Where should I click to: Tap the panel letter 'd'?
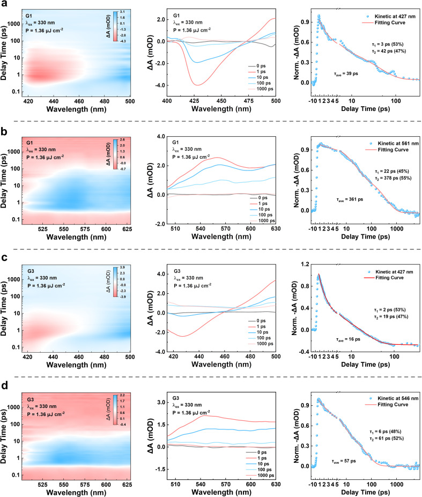click(4, 385)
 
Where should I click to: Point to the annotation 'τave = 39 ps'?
click(346, 73)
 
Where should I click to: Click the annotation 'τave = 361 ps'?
click(350, 199)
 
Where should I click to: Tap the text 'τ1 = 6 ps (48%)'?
click(385, 432)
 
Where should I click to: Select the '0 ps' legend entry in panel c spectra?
click(257, 321)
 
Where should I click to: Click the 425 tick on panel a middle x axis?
click(194, 101)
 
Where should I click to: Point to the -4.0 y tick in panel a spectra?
click(160, 85)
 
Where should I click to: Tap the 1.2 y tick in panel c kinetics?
click(305, 264)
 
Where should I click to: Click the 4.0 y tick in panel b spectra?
click(161, 137)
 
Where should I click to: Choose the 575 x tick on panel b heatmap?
click(85, 229)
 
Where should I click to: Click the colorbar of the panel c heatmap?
click(115, 281)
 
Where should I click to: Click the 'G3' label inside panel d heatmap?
click(31, 399)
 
